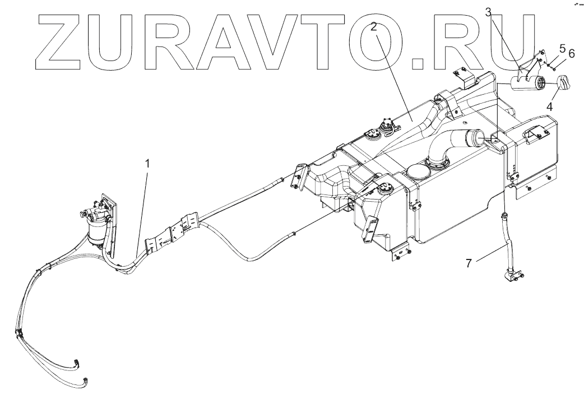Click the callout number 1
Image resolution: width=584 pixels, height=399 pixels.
click(147, 164)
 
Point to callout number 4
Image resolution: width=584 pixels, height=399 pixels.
click(551, 105)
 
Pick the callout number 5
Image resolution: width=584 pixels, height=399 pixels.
click(562, 49)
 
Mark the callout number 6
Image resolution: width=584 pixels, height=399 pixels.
click(572, 53)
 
